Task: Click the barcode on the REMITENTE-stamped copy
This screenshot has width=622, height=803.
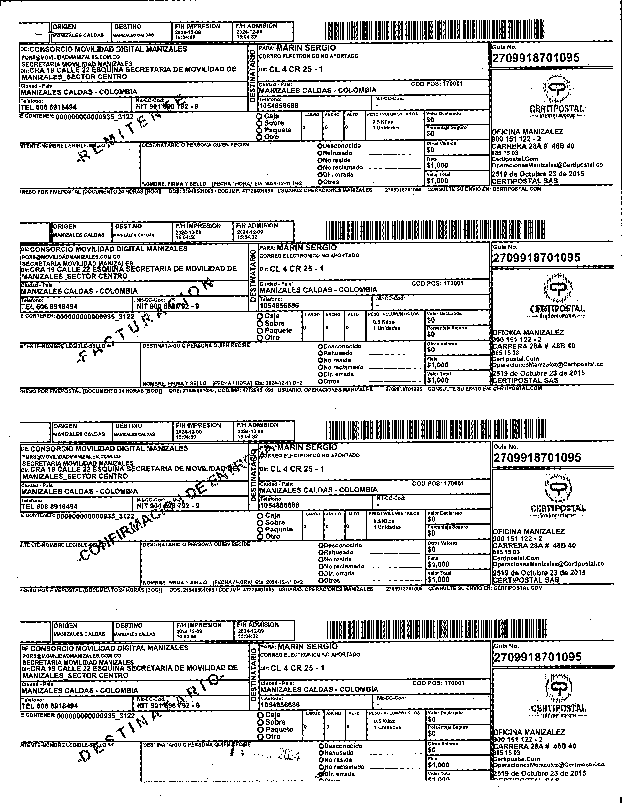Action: (434, 31)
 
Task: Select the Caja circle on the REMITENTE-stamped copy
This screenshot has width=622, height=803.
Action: (259, 116)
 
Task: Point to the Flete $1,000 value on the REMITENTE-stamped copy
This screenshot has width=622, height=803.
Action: (437, 166)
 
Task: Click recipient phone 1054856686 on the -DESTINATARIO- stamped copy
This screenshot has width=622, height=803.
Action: (280, 705)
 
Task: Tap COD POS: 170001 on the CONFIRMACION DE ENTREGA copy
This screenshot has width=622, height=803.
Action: (438, 484)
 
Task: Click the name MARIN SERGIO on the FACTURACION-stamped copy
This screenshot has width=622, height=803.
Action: (307, 247)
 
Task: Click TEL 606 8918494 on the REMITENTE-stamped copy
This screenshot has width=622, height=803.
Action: (49, 107)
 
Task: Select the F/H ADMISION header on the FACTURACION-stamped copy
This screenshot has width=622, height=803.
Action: (257, 225)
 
